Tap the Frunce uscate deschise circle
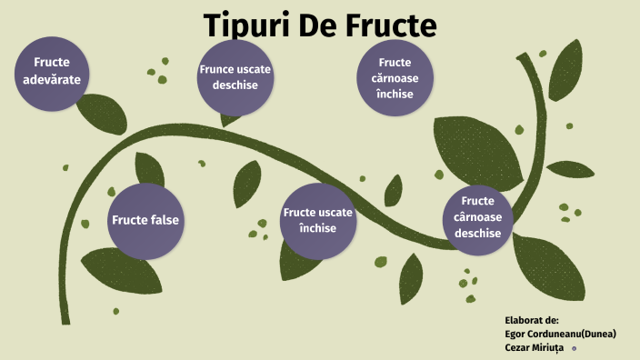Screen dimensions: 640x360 235,77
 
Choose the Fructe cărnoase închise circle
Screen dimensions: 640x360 395,77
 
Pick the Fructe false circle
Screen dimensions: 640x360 145,220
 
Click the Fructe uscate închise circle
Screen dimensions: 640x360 318,220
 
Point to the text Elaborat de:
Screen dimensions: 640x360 531,320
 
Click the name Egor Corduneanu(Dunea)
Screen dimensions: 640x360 560,334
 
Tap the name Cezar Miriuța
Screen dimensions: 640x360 535,347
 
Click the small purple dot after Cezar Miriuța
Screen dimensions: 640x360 574,347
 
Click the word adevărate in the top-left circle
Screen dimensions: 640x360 52,79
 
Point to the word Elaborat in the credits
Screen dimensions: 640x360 524,320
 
